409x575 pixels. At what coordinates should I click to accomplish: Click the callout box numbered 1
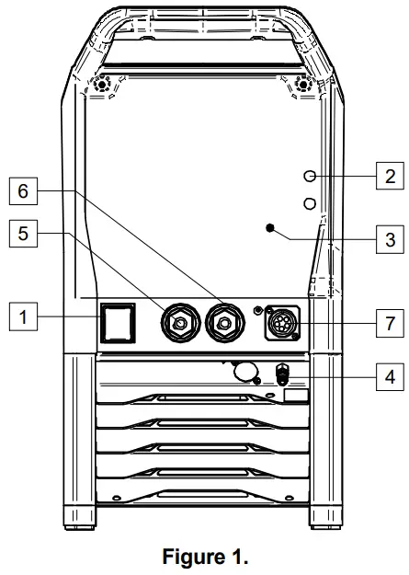(23, 316)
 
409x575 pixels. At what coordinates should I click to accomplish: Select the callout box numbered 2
(391, 176)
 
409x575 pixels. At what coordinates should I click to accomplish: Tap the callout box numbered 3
(391, 239)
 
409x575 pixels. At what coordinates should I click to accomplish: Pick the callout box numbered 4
(391, 376)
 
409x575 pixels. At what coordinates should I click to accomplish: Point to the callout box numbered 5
(23, 234)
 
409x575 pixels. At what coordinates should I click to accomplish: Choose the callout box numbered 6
(23, 191)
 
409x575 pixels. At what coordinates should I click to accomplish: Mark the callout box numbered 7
(391, 324)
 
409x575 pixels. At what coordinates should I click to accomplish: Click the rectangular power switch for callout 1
(118, 323)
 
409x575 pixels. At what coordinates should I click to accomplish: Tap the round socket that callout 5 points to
(181, 323)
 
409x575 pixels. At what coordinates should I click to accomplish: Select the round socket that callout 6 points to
(224, 323)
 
